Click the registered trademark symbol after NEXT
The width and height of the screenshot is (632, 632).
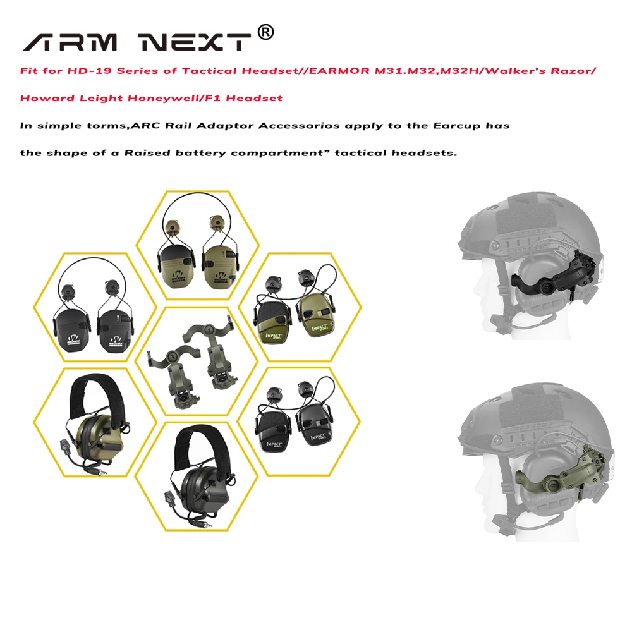pos(267,32)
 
